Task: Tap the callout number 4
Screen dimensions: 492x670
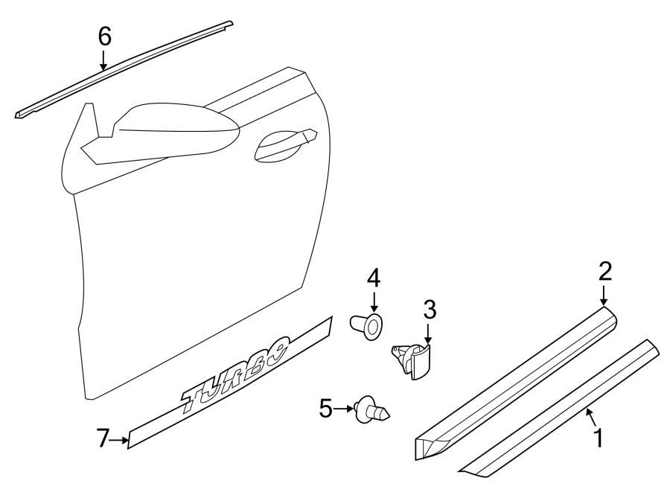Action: [x=373, y=278]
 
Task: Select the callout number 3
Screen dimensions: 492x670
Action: [x=429, y=308]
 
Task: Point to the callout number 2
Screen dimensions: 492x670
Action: [x=604, y=270]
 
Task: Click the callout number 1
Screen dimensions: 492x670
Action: [x=597, y=438]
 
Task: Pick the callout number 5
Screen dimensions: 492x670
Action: [x=325, y=408]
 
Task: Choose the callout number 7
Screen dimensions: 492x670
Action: [x=103, y=439]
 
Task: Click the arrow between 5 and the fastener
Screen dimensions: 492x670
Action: [x=345, y=408]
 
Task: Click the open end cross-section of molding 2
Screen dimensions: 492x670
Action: [x=427, y=447]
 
